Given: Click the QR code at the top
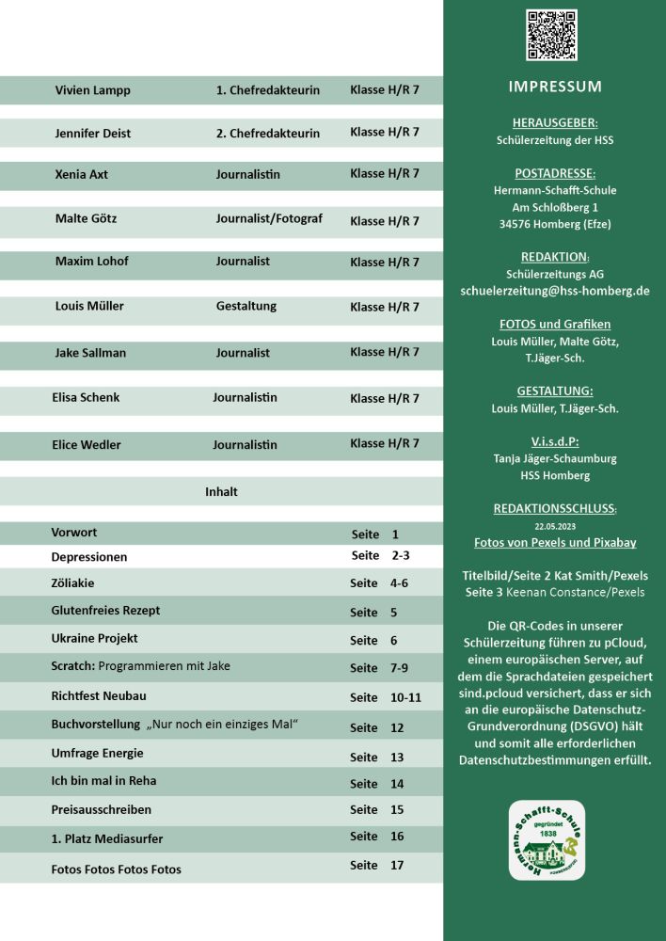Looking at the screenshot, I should (552, 35).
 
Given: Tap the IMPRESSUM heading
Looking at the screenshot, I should (555, 87).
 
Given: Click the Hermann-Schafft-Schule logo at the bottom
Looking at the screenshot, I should (547, 840).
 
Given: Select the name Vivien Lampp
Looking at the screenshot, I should (93, 90).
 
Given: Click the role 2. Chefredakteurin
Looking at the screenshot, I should (268, 133).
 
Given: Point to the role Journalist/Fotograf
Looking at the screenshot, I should (269, 218).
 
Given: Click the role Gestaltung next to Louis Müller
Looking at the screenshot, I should (246, 306).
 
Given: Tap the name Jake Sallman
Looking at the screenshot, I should (90, 353).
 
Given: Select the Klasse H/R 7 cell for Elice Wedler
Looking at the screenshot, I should (385, 443).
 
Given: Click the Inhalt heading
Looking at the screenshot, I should (221, 491).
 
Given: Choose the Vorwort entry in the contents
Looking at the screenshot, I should (74, 533).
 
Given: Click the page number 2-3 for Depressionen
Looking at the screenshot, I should (401, 556).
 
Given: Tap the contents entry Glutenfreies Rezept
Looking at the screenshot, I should (105, 610).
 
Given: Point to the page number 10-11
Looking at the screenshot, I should (405, 697).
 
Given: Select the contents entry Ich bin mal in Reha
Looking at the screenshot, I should (103, 780).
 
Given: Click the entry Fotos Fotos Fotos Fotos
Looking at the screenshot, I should (116, 869).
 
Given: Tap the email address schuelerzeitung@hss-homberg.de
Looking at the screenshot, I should (555, 291).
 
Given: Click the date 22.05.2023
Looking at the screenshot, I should (554, 527).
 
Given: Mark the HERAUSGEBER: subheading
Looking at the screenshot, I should (555, 122).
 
